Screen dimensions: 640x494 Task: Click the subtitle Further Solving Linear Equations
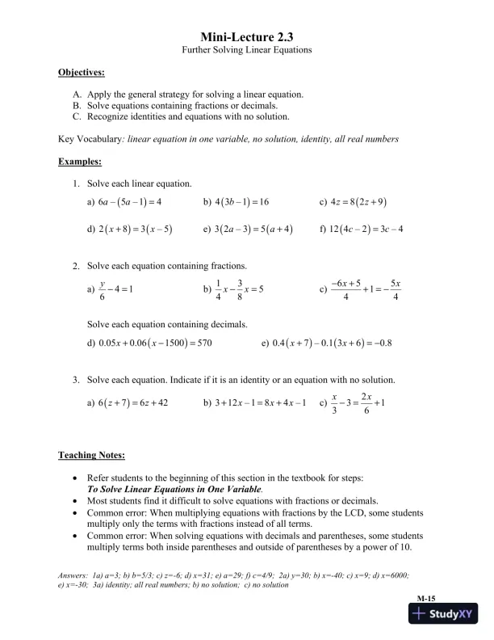click(x=246, y=50)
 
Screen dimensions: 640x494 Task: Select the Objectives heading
click(x=82, y=73)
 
